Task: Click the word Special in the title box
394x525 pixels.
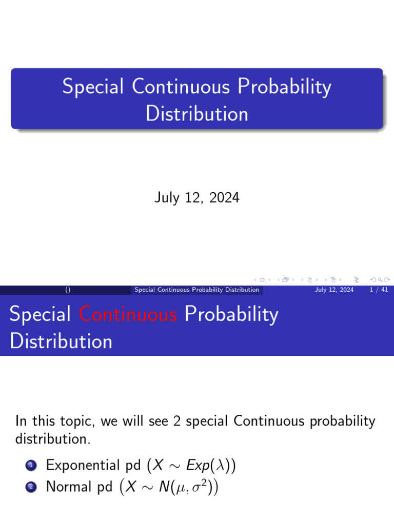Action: pos(93,87)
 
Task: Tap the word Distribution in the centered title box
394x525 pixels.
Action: pos(196,114)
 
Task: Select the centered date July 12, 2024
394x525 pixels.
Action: pos(196,197)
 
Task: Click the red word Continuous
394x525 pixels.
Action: pos(128,314)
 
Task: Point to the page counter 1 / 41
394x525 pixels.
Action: pos(378,290)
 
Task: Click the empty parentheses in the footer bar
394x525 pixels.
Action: pos(68,290)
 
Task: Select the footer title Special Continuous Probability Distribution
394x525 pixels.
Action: pos(196,290)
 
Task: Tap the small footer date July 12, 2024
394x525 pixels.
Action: pos(334,290)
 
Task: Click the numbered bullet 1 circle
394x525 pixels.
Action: pos(30,466)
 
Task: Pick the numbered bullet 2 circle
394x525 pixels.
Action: pos(30,487)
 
